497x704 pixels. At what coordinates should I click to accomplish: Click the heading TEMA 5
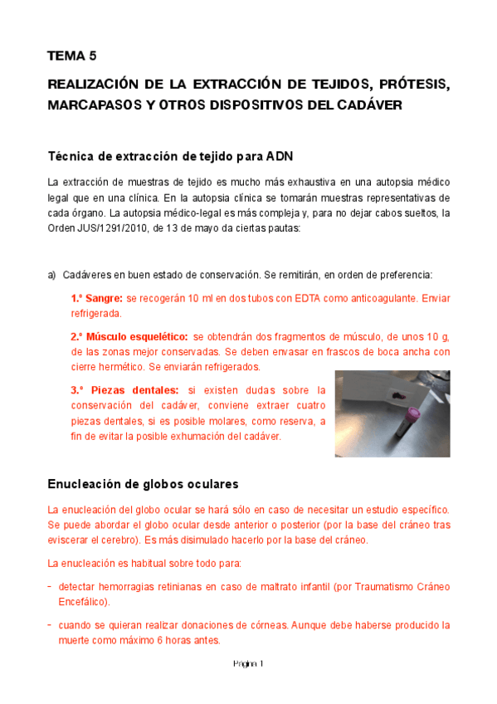pos(72,56)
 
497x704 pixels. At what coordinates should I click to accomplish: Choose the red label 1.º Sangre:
pos(97,297)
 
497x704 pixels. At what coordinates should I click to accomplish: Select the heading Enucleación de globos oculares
pos(143,483)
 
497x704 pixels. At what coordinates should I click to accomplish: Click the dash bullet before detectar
pos(51,586)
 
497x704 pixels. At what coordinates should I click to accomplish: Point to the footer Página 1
pos(248,663)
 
